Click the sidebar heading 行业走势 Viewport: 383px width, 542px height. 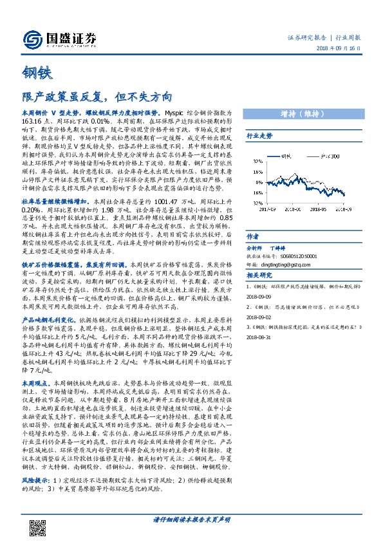(260, 136)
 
